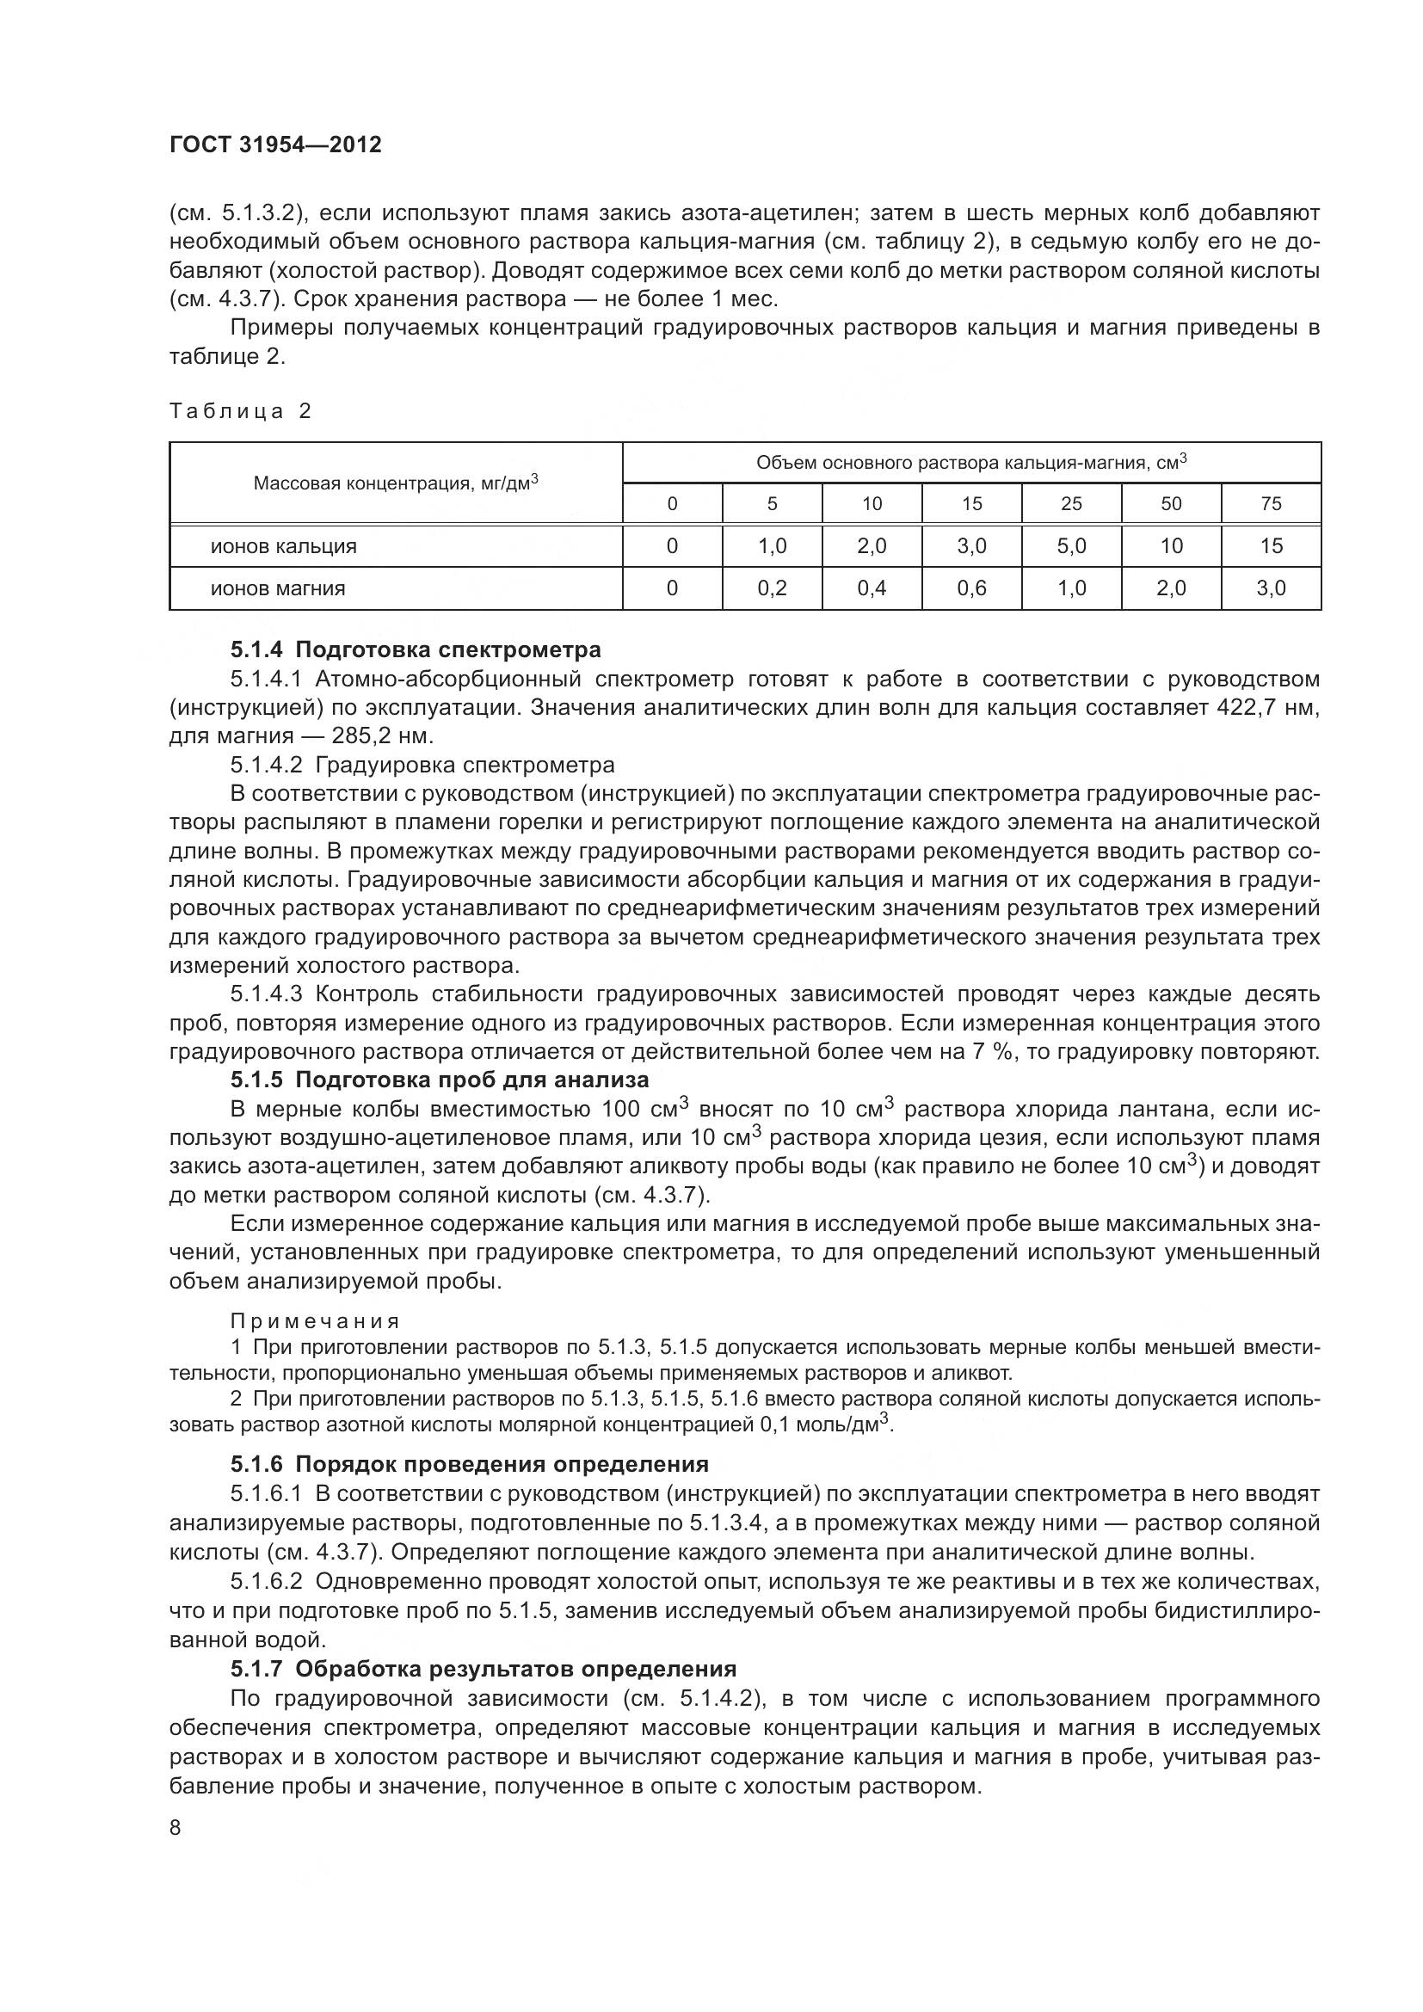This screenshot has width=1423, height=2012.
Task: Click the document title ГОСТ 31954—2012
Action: pos(275,145)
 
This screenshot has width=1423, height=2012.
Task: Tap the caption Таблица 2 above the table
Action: pos(240,411)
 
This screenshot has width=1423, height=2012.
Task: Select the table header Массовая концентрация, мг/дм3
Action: pos(395,483)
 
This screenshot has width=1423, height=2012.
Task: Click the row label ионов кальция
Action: pos(283,546)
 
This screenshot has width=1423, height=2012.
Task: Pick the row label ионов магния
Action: pos(277,588)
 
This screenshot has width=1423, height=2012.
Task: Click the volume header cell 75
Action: pos(1271,504)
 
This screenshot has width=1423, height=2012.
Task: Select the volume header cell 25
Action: pos(1071,504)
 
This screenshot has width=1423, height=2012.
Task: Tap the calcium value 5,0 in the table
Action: pos(1071,546)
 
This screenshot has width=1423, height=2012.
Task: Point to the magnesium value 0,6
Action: pos(970,588)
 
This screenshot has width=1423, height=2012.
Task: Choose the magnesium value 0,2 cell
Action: pos(771,588)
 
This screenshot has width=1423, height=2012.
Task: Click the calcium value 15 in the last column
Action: pos(1271,546)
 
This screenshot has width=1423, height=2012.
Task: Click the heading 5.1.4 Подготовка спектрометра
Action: pos(416,649)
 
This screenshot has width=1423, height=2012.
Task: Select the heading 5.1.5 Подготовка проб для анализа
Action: pos(439,1080)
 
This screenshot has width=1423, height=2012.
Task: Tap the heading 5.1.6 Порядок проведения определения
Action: pos(469,1464)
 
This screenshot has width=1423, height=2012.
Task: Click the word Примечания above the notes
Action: pos(315,1320)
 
